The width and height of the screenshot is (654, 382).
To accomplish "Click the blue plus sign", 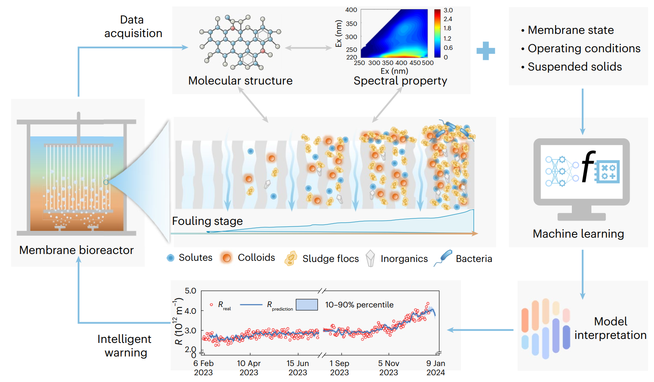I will [485, 51].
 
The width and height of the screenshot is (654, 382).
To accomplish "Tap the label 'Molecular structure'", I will [240, 81].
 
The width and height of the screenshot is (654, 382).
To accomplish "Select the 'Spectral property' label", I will [400, 81].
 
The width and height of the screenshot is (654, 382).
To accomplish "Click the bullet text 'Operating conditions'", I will [584, 48].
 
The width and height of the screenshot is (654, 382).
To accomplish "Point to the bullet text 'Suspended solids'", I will [574, 67].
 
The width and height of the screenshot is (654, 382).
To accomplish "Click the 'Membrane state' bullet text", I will [570, 30].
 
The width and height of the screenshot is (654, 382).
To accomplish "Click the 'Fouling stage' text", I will [207, 221].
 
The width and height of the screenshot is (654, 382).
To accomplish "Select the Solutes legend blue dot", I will [171, 258].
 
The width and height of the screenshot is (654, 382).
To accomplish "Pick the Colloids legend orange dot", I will [227, 258].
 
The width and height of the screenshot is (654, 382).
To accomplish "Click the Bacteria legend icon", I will [443, 258].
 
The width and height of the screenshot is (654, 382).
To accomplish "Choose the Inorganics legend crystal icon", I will [370, 258].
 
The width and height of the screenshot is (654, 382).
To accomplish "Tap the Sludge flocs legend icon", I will [291, 258].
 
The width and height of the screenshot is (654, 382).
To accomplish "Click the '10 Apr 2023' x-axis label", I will [248, 368].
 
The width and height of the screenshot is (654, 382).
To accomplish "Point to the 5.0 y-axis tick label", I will [190, 291].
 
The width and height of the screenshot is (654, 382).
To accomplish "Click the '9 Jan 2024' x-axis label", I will [435, 368].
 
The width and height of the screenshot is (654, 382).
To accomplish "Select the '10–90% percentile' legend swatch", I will [307, 305].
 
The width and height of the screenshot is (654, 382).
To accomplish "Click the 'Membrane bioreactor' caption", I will [76, 250].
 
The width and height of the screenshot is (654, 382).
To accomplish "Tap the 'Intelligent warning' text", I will [125, 346].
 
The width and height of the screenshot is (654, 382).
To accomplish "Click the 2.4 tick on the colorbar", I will [448, 19].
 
